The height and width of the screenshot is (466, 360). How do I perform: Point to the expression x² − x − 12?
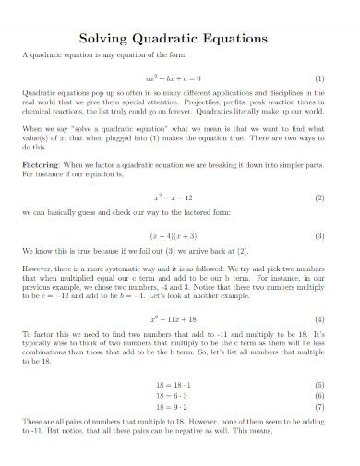pyautogui.click(x=174, y=197)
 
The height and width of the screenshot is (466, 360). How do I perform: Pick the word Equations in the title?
pyautogui.click(x=239, y=40)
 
